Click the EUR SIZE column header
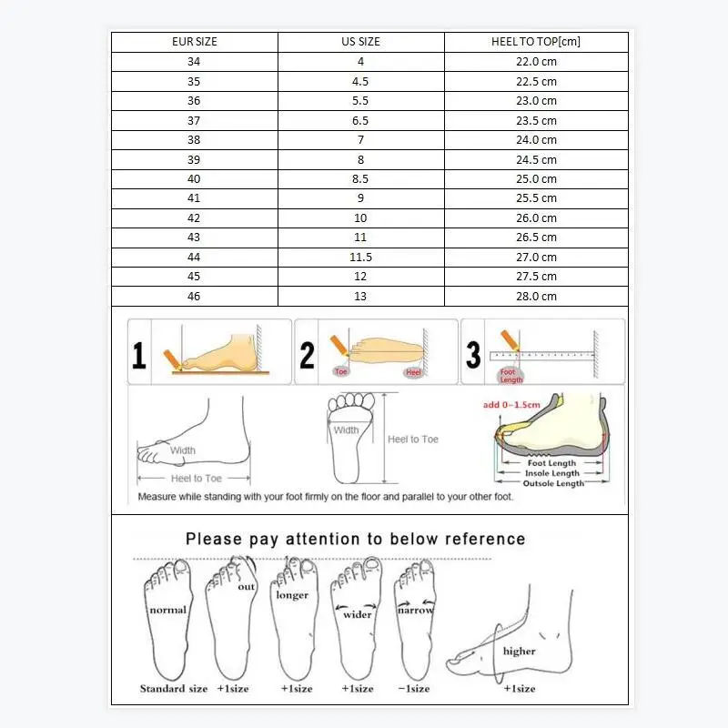pyautogui.click(x=195, y=42)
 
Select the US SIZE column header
pyautogui.click(x=360, y=42)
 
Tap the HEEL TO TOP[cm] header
pyautogui.click(x=536, y=42)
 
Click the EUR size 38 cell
pyautogui.click(x=195, y=140)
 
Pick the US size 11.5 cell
pyautogui.click(x=360, y=258)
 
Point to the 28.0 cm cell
pyautogui.click(x=536, y=297)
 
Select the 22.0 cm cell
pyautogui.click(x=536, y=62)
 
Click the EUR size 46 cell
pyautogui.click(x=195, y=297)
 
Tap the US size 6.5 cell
pyautogui.click(x=360, y=120)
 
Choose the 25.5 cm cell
pyautogui.click(x=536, y=198)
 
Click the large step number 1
pyautogui.click(x=139, y=353)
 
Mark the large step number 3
pyautogui.click(x=473, y=353)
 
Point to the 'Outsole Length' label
pyautogui.click(x=552, y=483)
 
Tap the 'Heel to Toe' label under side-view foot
pyautogui.click(x=196, y=479)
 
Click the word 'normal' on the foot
pyautogui.click(x=167, y=610)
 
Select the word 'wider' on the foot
pyautogui.click(x=358, y=614)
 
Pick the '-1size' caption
pyautogui.click(x=412, y=689)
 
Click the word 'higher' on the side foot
pyautogui.click(x=519, y=652)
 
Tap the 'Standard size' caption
pyautogui.click(x=174, y=689)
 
